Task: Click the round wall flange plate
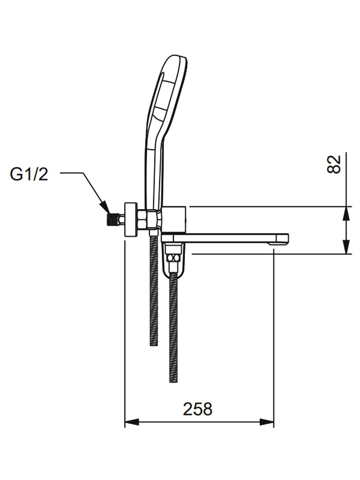pos(131,220)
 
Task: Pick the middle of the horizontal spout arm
pos(230,238)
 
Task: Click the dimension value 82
pos(334,165)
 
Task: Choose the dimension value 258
pos(198,409)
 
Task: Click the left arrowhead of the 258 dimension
pos(130,422)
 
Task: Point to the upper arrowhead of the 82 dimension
pos(346,212)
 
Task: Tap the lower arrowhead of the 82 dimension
pos(346,248)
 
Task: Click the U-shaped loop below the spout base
pos(174,270)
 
